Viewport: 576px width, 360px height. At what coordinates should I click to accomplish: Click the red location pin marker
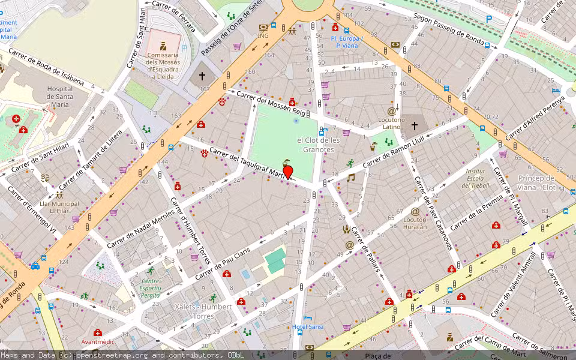[288, 172]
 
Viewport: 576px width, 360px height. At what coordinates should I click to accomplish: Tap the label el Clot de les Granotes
[318, 145]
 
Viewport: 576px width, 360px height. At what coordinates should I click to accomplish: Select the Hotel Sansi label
[307, 327]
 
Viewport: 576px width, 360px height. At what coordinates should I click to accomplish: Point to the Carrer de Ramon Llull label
[397, 151]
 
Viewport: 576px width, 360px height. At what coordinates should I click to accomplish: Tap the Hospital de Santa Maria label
[59, 97]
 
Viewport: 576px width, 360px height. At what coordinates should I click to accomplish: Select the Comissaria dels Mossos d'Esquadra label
[163, 65]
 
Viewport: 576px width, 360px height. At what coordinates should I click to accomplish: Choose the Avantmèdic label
[98, 341]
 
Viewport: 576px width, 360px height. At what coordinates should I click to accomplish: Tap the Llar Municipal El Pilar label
[59, 207]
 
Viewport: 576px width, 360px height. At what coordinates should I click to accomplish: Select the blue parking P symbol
[489, 19]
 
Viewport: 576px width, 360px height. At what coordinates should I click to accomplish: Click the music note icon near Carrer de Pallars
[351, 178]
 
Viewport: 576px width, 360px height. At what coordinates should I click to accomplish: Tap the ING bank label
[263, 35]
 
